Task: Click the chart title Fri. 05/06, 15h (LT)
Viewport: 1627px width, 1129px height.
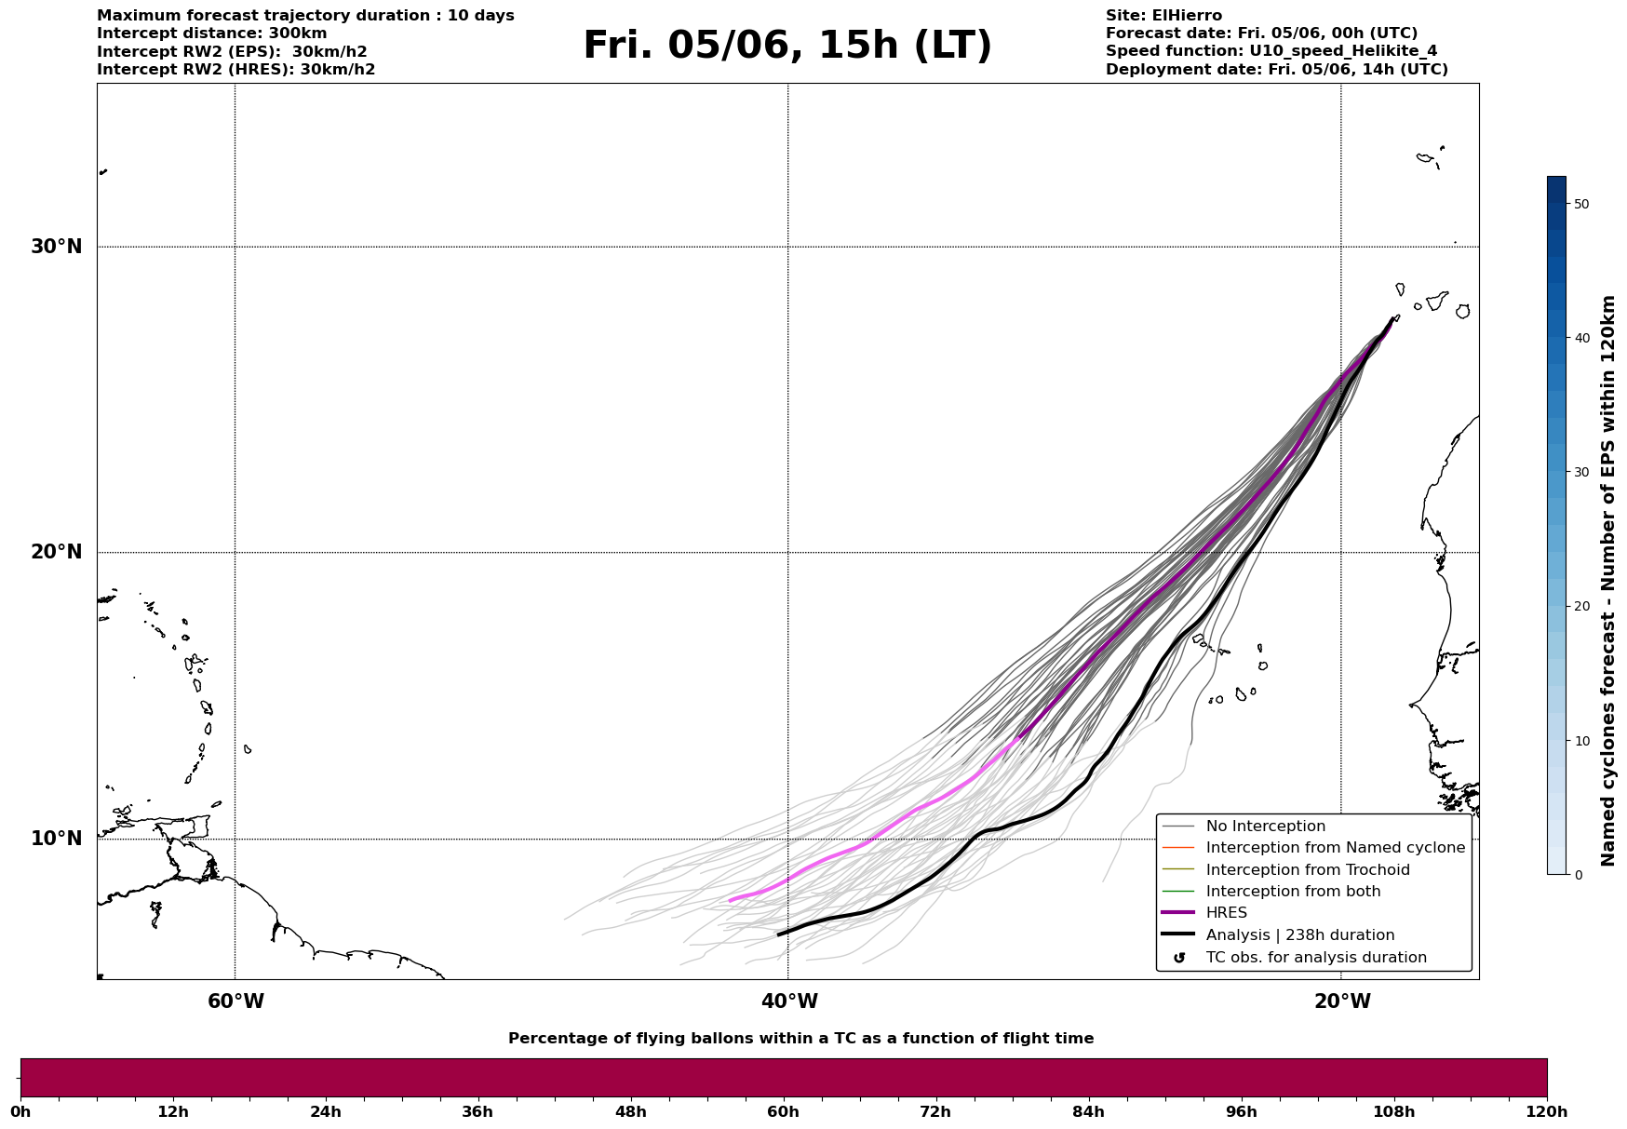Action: click(787, 46)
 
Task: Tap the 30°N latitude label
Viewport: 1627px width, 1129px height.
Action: click(56, 247)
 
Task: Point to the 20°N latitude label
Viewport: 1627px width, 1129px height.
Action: click(56, 552)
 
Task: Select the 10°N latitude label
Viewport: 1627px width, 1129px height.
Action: click(56, 839)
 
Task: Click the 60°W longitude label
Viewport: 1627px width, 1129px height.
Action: click(235, 1001)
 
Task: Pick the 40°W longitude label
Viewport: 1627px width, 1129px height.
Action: click(789, 1001)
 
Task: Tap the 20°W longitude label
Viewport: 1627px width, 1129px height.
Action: click(1342, 1001)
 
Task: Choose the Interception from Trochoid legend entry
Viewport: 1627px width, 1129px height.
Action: click(1285, 870)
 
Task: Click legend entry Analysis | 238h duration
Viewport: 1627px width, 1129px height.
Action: click(1278, 935)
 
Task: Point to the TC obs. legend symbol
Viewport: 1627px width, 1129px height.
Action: click(1179, 958)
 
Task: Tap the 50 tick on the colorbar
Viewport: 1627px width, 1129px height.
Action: click(1580, 204)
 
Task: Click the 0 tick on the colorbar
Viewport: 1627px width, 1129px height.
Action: click(1577, 875)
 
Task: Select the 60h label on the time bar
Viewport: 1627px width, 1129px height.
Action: click(784, 1111)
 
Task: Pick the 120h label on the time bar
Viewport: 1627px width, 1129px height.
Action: click(1546, 1111)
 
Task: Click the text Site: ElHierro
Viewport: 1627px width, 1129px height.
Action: click(1163, 16)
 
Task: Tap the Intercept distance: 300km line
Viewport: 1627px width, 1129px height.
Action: click(212, 34)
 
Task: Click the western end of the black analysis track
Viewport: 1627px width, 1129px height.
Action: click(779, 934)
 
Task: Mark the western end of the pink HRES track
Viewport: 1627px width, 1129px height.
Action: click(730, 900)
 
